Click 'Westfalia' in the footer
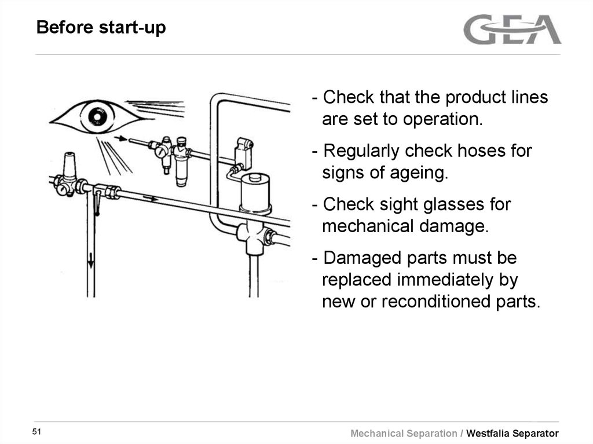489,434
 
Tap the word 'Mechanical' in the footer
385,434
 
